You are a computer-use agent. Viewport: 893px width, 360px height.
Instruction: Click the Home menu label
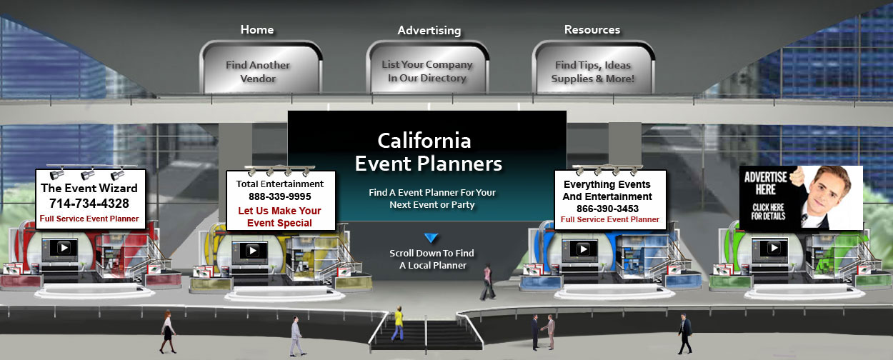click(257, 29)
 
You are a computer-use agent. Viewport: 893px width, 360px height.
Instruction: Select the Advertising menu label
click(429, 30)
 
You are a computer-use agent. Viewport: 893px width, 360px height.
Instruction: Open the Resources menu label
click(592, 29)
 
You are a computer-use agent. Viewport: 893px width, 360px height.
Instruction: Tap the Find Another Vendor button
click(261, 68)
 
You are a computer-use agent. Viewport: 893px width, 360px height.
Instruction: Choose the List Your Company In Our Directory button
click(427, 68)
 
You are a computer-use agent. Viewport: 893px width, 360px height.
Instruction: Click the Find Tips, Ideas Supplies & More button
click(593, 68)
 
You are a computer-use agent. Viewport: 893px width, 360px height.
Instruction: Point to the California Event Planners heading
click(427, 152)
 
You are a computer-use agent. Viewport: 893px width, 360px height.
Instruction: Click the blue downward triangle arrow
click(431, 238)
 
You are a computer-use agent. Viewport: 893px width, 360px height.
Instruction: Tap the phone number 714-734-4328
click(89, 204)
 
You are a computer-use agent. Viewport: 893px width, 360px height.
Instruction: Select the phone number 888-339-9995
click(280, 196)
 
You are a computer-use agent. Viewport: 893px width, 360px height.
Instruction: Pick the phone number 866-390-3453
click(607, 209)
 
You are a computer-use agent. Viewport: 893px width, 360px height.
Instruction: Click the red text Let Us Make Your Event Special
click(279, 216)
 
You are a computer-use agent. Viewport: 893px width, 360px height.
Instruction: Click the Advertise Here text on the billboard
click(765, 184)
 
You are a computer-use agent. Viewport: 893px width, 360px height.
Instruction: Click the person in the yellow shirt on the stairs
click(398, 324)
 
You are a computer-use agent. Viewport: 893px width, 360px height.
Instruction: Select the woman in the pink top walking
click(487, 281)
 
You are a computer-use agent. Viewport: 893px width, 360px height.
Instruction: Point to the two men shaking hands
click(543, 332)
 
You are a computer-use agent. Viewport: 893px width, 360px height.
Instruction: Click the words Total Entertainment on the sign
click(279, 184)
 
